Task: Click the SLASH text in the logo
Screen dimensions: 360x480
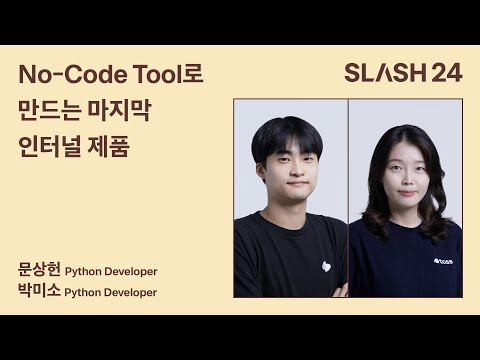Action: [x=386, y=73]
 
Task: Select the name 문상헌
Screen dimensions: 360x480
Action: [x=39, y=270]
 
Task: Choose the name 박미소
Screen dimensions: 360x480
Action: [x=39, y=291]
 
